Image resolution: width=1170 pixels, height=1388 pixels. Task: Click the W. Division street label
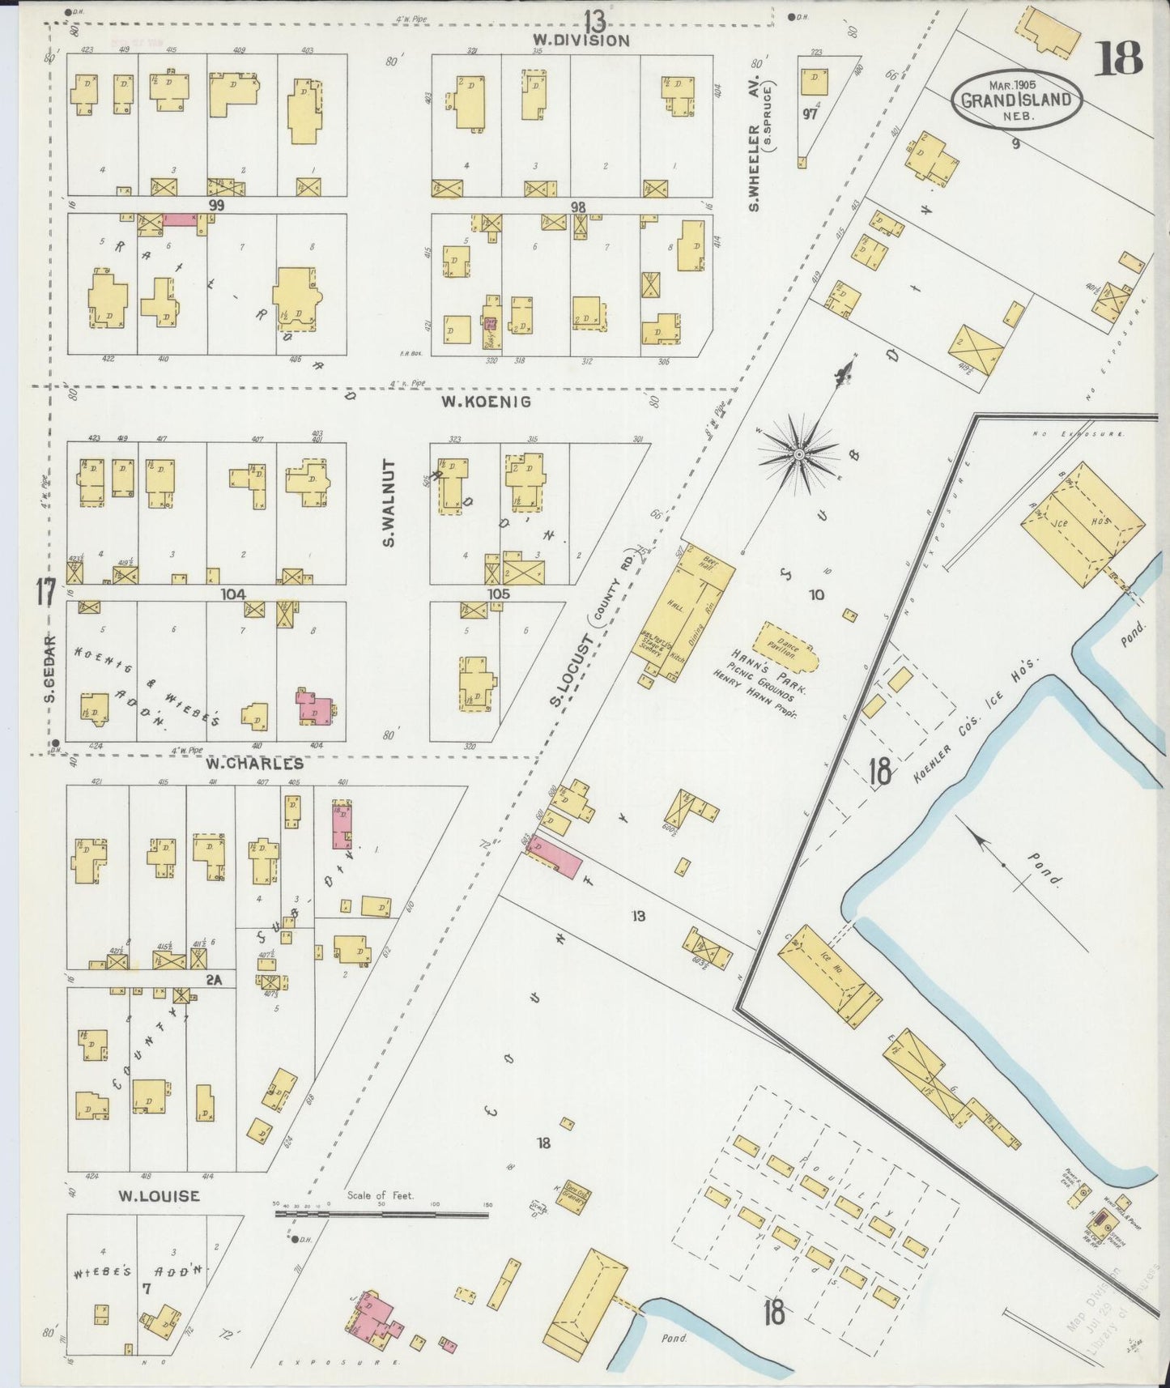[581, 40]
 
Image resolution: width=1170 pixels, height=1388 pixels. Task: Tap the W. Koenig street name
[486, 401]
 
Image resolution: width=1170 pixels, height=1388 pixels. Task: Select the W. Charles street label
[254, 764]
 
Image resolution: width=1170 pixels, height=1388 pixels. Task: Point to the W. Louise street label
[159, 1195]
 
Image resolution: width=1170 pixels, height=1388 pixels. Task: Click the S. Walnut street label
[389, 503]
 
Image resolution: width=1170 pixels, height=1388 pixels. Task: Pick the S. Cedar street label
[49, 669]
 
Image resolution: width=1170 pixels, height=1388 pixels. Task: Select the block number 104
[233, 594]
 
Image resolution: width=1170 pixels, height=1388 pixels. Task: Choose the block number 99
[215, 206]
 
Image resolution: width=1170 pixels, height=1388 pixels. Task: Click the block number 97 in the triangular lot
[810, 113]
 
